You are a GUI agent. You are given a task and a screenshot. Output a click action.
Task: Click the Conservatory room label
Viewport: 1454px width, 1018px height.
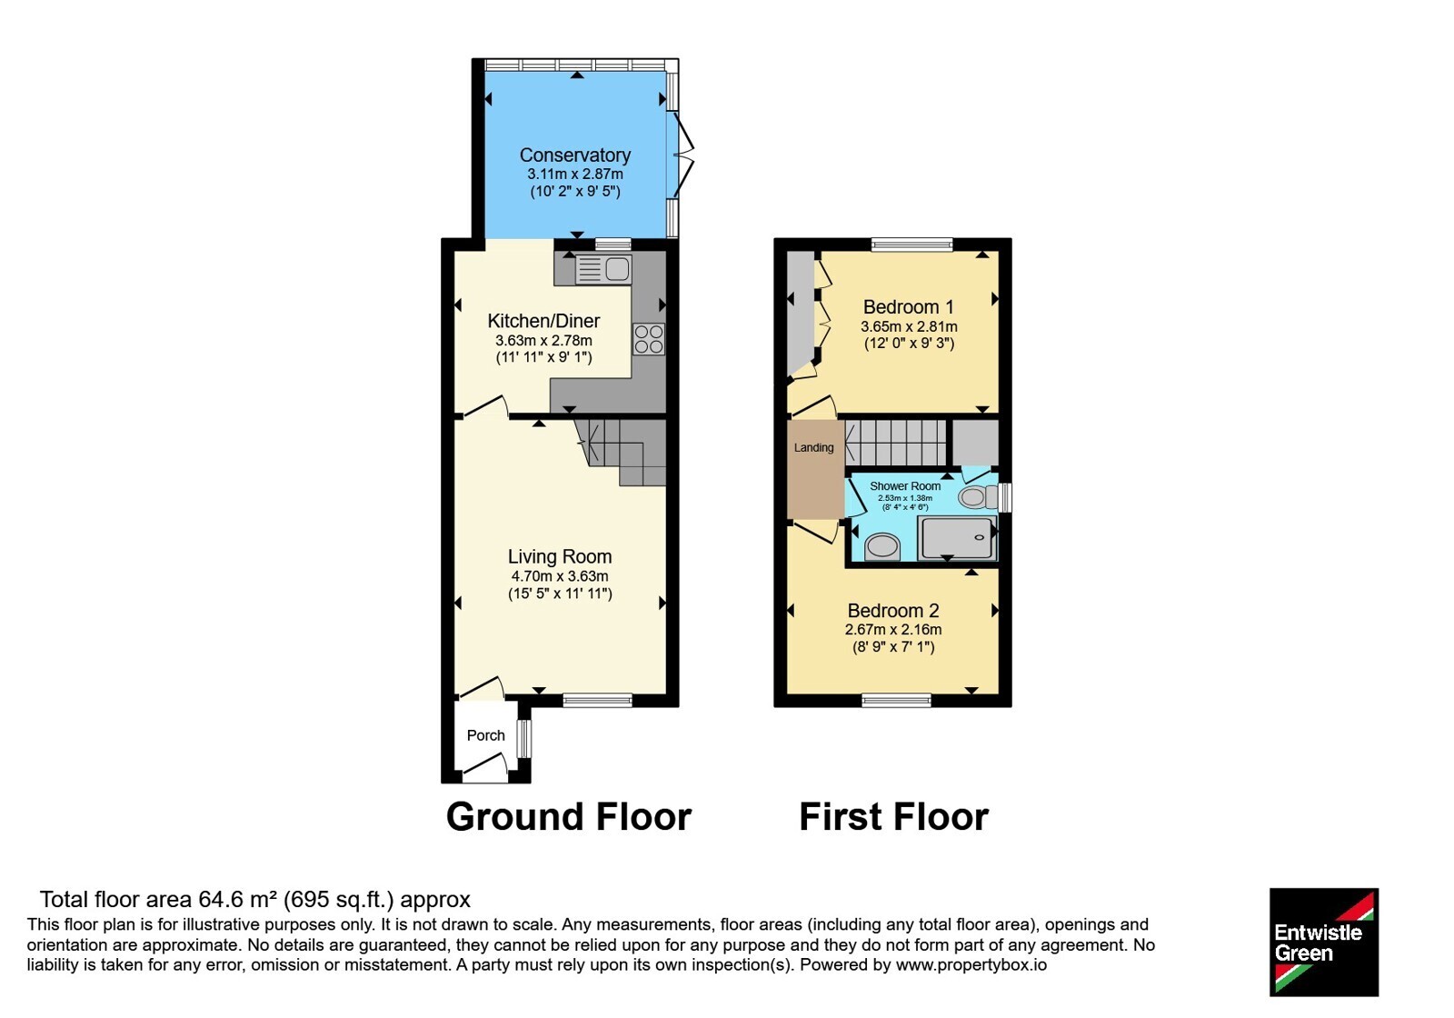(x=575, y=155)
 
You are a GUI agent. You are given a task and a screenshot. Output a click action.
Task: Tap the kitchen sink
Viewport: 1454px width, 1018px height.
(x=603, y=269)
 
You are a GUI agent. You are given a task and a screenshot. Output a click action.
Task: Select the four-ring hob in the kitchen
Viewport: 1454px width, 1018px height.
(x=649, y=339)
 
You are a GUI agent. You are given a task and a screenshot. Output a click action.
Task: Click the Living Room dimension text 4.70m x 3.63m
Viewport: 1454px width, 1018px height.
(x=560, y=576)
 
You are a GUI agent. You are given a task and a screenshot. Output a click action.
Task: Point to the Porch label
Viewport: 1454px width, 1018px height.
(x=485, y=735)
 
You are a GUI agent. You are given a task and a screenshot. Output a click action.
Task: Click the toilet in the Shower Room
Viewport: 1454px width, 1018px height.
(x=978, y=497)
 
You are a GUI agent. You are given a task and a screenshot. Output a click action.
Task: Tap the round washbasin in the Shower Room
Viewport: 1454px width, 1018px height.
(x=882, y=546)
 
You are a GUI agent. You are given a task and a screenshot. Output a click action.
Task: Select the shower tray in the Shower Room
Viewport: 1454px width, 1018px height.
(x=958, y=537)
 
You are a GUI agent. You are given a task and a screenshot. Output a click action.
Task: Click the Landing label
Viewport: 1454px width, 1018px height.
(x=814, y=447)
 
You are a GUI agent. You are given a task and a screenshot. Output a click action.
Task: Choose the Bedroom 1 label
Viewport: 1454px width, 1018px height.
(x=901, y=306)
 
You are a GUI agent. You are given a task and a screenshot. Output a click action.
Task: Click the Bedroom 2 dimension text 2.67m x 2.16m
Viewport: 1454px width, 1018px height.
(x=893, y=629)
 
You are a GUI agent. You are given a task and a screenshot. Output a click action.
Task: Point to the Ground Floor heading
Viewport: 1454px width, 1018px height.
(x=569, y=817)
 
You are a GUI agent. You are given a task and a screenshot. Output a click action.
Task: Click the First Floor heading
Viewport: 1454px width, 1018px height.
(x=894, y=817)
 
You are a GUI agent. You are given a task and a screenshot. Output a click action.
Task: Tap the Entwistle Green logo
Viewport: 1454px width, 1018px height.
(x=1324, y=942)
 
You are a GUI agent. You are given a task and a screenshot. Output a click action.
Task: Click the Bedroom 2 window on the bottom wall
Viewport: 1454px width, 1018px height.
(x=896, y=700)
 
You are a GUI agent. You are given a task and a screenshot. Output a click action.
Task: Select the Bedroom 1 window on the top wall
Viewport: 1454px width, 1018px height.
(x=912, y=245)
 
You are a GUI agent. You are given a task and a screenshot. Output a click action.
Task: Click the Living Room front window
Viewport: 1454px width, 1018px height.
(x=597, y=700)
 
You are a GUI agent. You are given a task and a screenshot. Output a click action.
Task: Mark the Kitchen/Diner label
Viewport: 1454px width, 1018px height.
(x=544, y=321)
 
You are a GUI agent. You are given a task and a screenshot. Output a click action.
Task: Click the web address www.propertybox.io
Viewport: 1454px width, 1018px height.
(x=971, y=964)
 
